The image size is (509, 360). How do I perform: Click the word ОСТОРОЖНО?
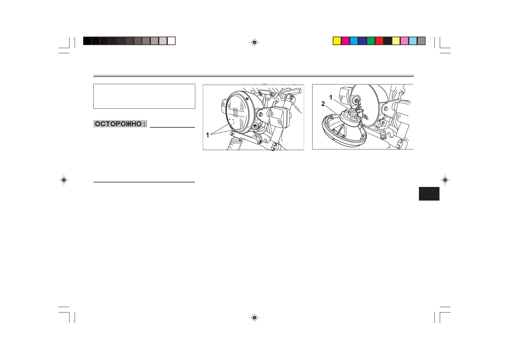point(118,124)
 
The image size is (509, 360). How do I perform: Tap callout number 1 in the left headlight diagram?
point(207,135)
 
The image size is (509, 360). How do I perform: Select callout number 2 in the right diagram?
point(323,104)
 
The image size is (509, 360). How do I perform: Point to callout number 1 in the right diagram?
point(331,97)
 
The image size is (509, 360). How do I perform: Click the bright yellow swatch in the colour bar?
point(337,41)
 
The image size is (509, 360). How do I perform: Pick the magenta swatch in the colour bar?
point(345,41)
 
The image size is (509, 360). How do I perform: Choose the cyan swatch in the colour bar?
point(354,41)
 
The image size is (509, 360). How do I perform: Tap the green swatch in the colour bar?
point(371,41)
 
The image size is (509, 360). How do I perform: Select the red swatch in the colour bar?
point(379,41)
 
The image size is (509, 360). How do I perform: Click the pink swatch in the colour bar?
point(404,41)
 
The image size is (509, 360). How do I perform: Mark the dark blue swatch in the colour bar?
point(362,41)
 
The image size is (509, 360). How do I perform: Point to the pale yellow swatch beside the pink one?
point(396,41)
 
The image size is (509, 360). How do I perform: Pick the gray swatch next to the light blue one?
point(421,41)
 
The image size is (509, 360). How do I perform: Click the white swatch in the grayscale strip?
point(171,41)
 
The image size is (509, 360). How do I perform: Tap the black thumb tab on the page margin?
point(429,194)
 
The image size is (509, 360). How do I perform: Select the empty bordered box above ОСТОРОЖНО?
point(144,96)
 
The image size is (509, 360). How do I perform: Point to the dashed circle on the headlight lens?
point(231,123)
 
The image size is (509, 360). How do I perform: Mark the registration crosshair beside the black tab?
point(445,180)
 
